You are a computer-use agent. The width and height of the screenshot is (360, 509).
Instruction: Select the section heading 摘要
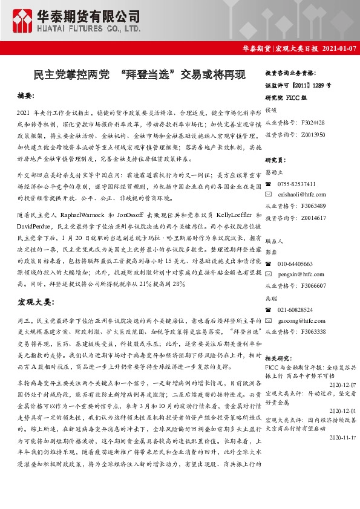click(26, 96)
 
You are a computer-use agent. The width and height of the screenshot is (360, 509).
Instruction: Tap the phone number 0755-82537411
click(296, 184)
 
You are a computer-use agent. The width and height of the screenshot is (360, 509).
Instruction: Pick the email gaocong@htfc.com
click(298, 320)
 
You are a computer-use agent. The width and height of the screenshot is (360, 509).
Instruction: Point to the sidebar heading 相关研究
click(278, 358)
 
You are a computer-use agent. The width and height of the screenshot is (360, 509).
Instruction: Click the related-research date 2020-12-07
click(343, 384)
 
